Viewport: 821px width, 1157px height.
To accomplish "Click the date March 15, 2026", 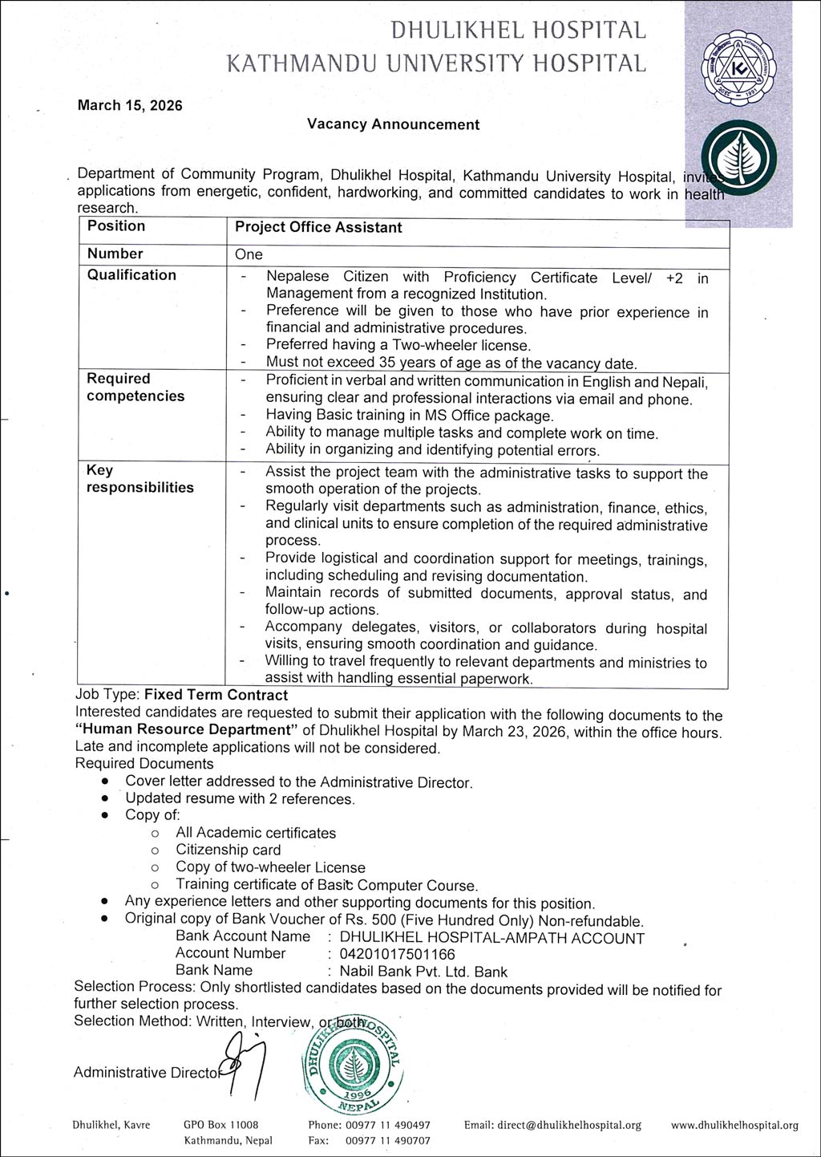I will click(130, 105).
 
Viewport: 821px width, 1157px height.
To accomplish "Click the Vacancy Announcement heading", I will click(393, 124).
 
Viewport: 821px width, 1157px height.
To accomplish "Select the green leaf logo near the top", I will click(738, 158).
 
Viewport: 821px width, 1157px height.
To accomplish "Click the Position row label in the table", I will click(116, 226).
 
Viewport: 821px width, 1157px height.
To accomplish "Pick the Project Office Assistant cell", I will click(318, 228).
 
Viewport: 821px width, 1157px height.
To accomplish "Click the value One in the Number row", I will click(249, 254).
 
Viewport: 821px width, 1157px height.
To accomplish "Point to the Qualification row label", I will click(131, 275).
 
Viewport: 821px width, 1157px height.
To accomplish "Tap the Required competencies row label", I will click(135, 388).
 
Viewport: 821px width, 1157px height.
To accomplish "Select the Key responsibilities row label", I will click(140, 479).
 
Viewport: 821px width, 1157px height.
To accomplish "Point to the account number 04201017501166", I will click(398, 954).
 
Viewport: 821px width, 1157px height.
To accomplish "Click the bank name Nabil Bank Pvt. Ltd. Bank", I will click(423, 972).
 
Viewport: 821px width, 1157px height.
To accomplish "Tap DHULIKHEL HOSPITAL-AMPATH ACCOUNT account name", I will click(492, 938).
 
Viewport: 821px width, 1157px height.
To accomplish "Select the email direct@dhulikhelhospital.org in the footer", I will click(552, 1125).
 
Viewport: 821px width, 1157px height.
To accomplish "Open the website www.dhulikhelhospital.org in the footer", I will click(734, 1125).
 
